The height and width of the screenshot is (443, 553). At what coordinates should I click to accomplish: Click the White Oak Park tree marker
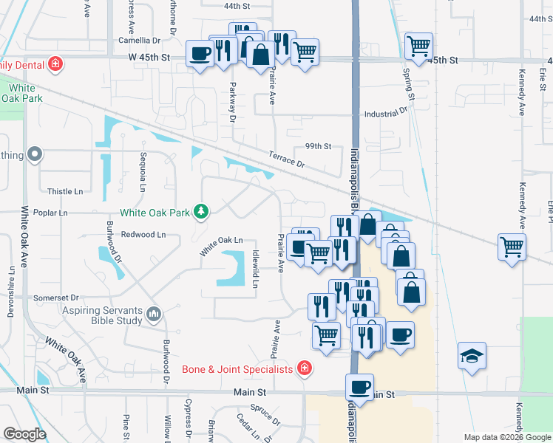click(200, 213)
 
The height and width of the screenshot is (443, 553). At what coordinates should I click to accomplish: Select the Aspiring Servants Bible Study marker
click(154, 315)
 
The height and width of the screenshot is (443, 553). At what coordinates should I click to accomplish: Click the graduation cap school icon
click(472, 357)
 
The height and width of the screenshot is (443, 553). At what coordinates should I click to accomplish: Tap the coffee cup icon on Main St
click(360, 387)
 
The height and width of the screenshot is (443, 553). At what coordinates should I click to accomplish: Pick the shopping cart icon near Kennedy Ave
click(512, 247)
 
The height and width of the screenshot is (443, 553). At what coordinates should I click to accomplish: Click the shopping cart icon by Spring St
click(418, 46)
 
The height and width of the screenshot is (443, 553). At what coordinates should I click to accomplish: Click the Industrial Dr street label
click(385, 114)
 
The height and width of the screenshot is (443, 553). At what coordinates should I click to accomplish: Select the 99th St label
click(318, 146)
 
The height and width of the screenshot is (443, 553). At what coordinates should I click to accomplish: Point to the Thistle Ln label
click(65, 191)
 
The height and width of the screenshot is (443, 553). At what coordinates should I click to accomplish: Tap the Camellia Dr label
click(139, 41)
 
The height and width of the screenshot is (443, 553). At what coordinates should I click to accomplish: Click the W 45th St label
click(149, 56)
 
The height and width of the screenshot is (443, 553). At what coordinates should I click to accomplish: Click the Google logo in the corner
click(24, 435)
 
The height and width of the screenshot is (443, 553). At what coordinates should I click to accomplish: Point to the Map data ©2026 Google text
click(506, 437)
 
